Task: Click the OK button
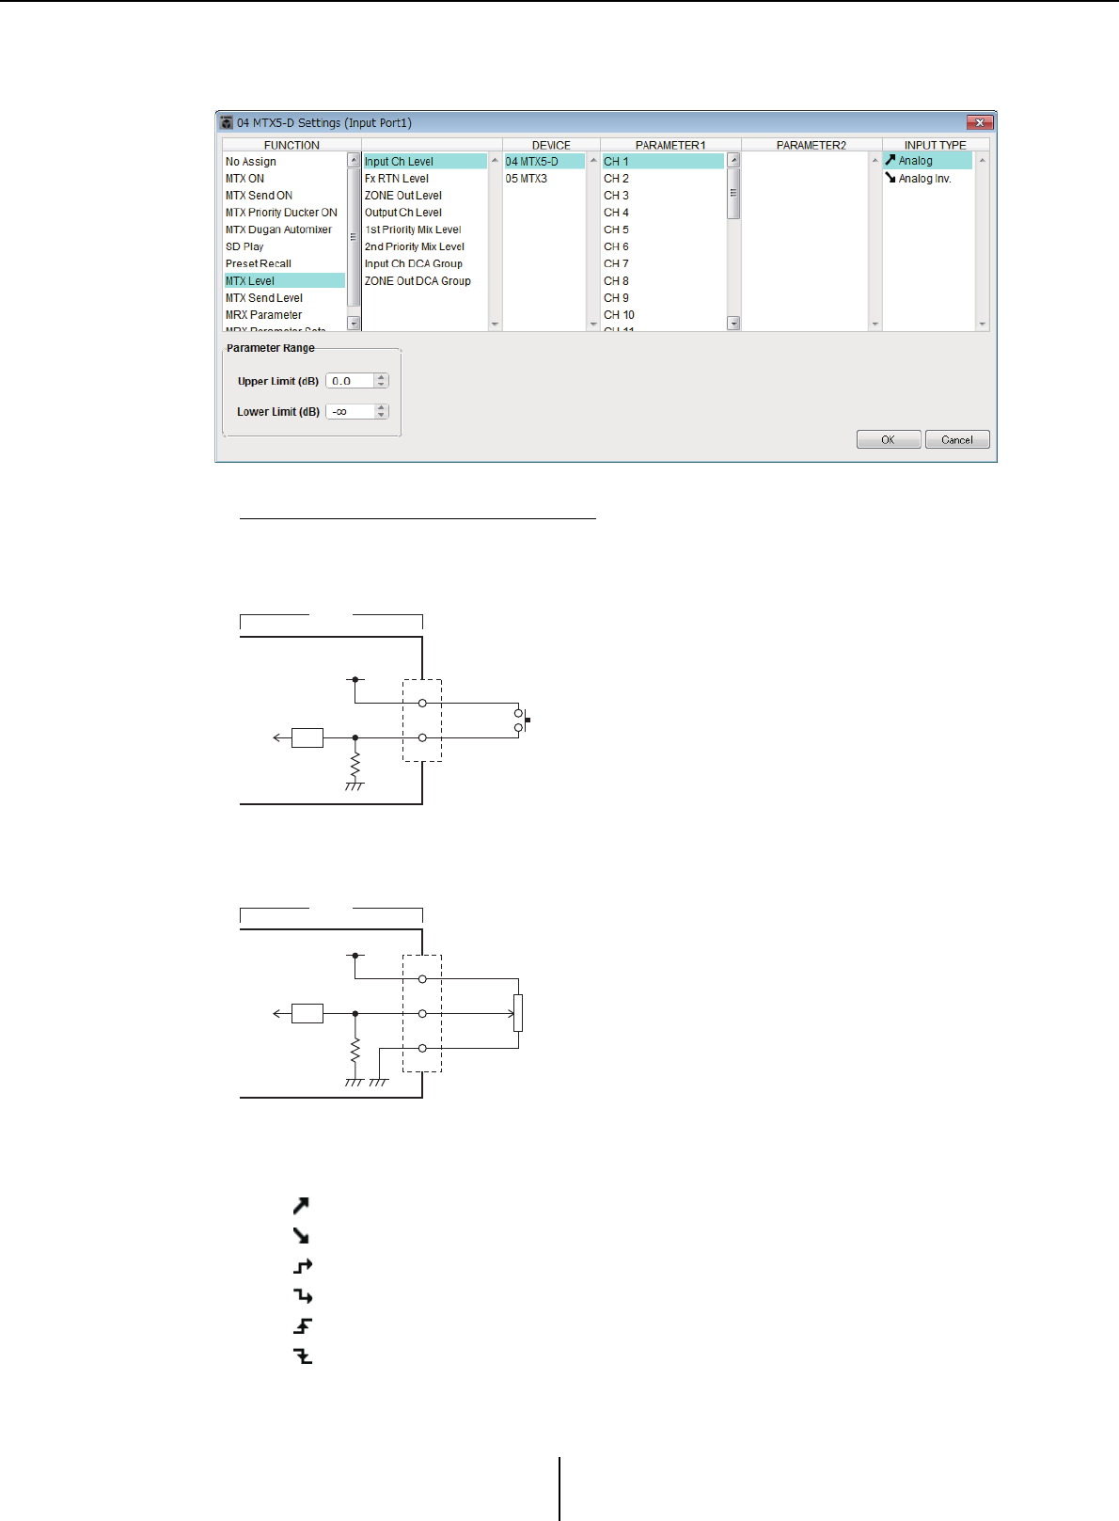[888, 439]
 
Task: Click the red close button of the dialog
[979, 122]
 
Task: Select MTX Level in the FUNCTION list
[250, 280]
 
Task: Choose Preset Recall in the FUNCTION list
[259, 263]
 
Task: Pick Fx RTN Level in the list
[397, 179]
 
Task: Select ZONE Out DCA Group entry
[418, 280]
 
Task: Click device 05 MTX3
[527, 179]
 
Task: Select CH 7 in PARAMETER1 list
[617, 263]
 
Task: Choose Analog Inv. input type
[924, 179]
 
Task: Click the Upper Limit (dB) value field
[350, 381]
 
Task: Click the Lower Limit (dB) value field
[350, 412]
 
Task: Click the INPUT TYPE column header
[935, 145]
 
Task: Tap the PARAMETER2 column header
[811, 145]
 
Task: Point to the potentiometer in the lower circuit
[518, 1013]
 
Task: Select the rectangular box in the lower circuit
[307, 1013]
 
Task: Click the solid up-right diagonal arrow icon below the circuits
[301, 1206]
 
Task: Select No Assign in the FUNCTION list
[251, 162]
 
